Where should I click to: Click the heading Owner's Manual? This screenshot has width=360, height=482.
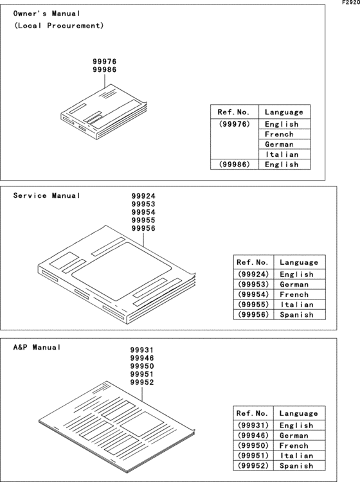tap(47, 13)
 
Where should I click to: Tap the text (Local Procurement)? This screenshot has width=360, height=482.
tap(59, 26)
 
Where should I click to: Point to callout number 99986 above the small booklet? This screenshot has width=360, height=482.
tap(105, 69)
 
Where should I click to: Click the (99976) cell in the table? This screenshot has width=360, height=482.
tap(234, 124)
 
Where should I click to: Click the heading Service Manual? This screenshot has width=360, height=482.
tap(47, 195)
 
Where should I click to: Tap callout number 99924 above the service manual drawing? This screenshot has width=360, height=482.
tap(143, 197)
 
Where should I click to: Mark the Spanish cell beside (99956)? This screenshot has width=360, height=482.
tap(296, 315)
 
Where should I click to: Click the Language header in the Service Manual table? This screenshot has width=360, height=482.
tap(299, 262)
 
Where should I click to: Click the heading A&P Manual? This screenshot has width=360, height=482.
tap(37, 347)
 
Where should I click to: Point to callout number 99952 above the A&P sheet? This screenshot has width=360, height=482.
tap(142, 382)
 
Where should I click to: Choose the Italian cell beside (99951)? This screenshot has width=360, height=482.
tap(296, 456)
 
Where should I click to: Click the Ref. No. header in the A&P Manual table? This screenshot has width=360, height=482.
tap(253, 413)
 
